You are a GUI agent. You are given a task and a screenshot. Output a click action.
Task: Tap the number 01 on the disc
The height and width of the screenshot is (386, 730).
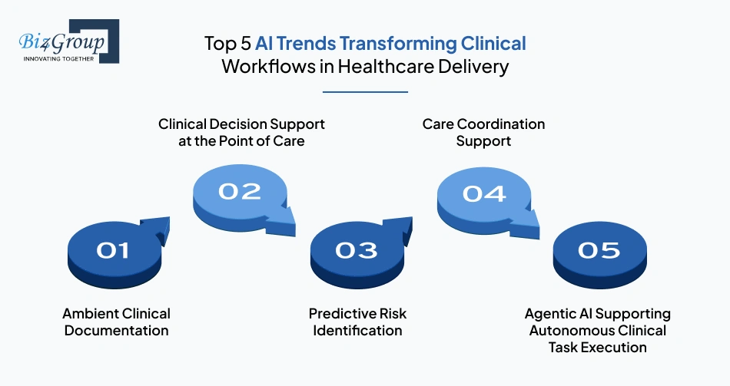[113, 250]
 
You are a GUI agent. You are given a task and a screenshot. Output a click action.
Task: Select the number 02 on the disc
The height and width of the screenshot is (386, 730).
[239, 190]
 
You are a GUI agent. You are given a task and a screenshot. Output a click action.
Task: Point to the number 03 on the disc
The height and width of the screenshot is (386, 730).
[357, 250]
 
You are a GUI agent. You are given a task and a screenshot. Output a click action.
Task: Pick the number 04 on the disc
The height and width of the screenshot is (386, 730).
[484, 192]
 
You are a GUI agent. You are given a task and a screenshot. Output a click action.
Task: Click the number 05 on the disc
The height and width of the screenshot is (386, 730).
[599, 250]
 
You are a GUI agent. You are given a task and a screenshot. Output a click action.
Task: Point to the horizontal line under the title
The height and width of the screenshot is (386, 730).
[365, 92]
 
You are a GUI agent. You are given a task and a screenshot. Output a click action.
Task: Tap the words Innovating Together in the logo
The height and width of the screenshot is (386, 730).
[58, 58]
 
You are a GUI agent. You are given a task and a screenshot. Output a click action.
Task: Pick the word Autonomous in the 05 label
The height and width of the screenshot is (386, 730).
[569, 331]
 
